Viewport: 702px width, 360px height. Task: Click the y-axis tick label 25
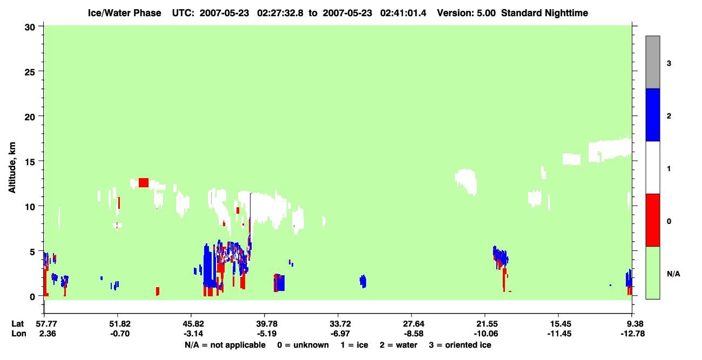(x=30, y=72)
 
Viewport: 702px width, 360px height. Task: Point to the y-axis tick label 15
(x=30, y=162)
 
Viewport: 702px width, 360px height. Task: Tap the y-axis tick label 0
(x=32, y=297)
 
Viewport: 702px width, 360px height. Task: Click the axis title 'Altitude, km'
(x=12, y=167)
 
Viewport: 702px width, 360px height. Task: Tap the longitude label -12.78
(x=633, y=334)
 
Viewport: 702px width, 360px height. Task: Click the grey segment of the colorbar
(x=652, y=62)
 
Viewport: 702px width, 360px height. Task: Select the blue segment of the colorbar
(x=652, y=114)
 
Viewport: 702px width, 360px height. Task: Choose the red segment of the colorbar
(x=652, y=220)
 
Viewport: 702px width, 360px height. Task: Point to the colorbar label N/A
(x=673, y=274)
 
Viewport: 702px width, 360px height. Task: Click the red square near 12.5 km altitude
(x=144, y=182)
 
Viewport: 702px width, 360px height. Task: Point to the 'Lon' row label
(x=19, y=334)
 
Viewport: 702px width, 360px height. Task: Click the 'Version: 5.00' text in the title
(x=467, y=13)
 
